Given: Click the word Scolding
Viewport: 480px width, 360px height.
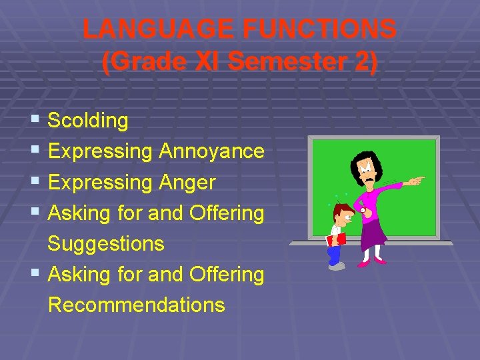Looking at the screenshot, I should pos(88,121).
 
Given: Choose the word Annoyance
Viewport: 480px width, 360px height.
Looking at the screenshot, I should pos(211,151).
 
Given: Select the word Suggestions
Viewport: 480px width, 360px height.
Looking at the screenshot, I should pos(106,243).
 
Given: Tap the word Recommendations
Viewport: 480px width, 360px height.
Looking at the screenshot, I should pos(137,305).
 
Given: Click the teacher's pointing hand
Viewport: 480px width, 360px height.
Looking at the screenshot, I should pos(416,180).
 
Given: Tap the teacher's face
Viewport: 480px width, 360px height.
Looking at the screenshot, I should pos(367,172).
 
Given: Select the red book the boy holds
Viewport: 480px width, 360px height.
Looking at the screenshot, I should pos(337,238).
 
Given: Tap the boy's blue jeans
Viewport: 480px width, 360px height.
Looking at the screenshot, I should pos(334,254).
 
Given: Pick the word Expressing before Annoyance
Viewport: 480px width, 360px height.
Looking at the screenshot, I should pos(100,151).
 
